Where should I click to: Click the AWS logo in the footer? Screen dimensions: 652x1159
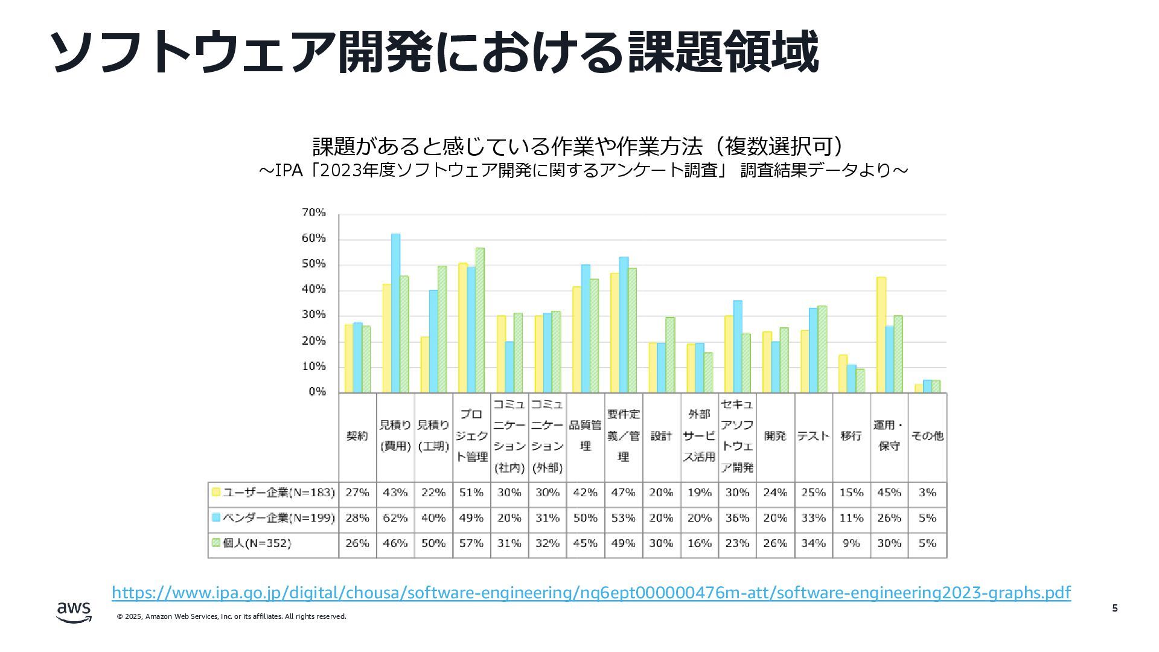click(74, 612)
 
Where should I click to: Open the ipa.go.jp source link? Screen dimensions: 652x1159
click(591, 593)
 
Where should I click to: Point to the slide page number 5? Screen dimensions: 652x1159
click(1114, 608)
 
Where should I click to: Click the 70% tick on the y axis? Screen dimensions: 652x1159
click(313, 213)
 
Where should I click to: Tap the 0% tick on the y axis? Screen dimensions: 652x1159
click(317, 392)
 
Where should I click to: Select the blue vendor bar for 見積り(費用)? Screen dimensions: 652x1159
click(395, 313)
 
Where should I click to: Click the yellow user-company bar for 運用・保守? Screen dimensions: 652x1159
click(881, 334)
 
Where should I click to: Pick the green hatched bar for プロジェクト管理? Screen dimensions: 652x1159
click(480, 320)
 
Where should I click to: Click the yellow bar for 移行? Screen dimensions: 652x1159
click(843, 374)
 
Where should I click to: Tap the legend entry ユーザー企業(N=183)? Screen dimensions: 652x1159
click(273, 493)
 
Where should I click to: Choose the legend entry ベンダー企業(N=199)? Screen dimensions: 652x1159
click(273, 518)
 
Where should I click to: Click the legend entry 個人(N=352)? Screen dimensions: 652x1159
click(252, 543)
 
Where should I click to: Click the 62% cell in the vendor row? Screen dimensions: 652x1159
click(395, 518)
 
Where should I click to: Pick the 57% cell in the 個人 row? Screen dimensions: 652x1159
click(471, 543)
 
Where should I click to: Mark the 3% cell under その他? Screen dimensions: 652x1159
click(927, 493)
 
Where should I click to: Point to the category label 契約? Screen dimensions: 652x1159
click(357, 436)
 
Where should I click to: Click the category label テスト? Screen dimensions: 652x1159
click(813, 436)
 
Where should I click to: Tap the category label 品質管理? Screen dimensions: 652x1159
click(585, 435)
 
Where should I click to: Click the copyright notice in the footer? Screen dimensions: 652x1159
click(232, 616)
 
